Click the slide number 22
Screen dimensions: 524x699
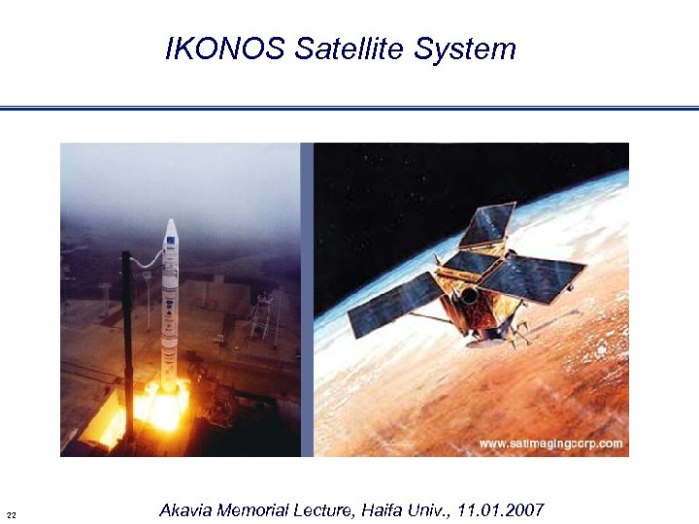click(x=11, y=513)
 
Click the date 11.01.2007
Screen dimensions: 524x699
click(x=502, y=510)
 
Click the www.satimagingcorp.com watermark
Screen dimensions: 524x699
click(x=549, y=443)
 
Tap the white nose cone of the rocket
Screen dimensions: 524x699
click(x=171, y=229)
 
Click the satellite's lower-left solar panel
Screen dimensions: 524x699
click(x=394, y=305)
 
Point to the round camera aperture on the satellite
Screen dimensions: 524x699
click(x=468, y=294)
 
